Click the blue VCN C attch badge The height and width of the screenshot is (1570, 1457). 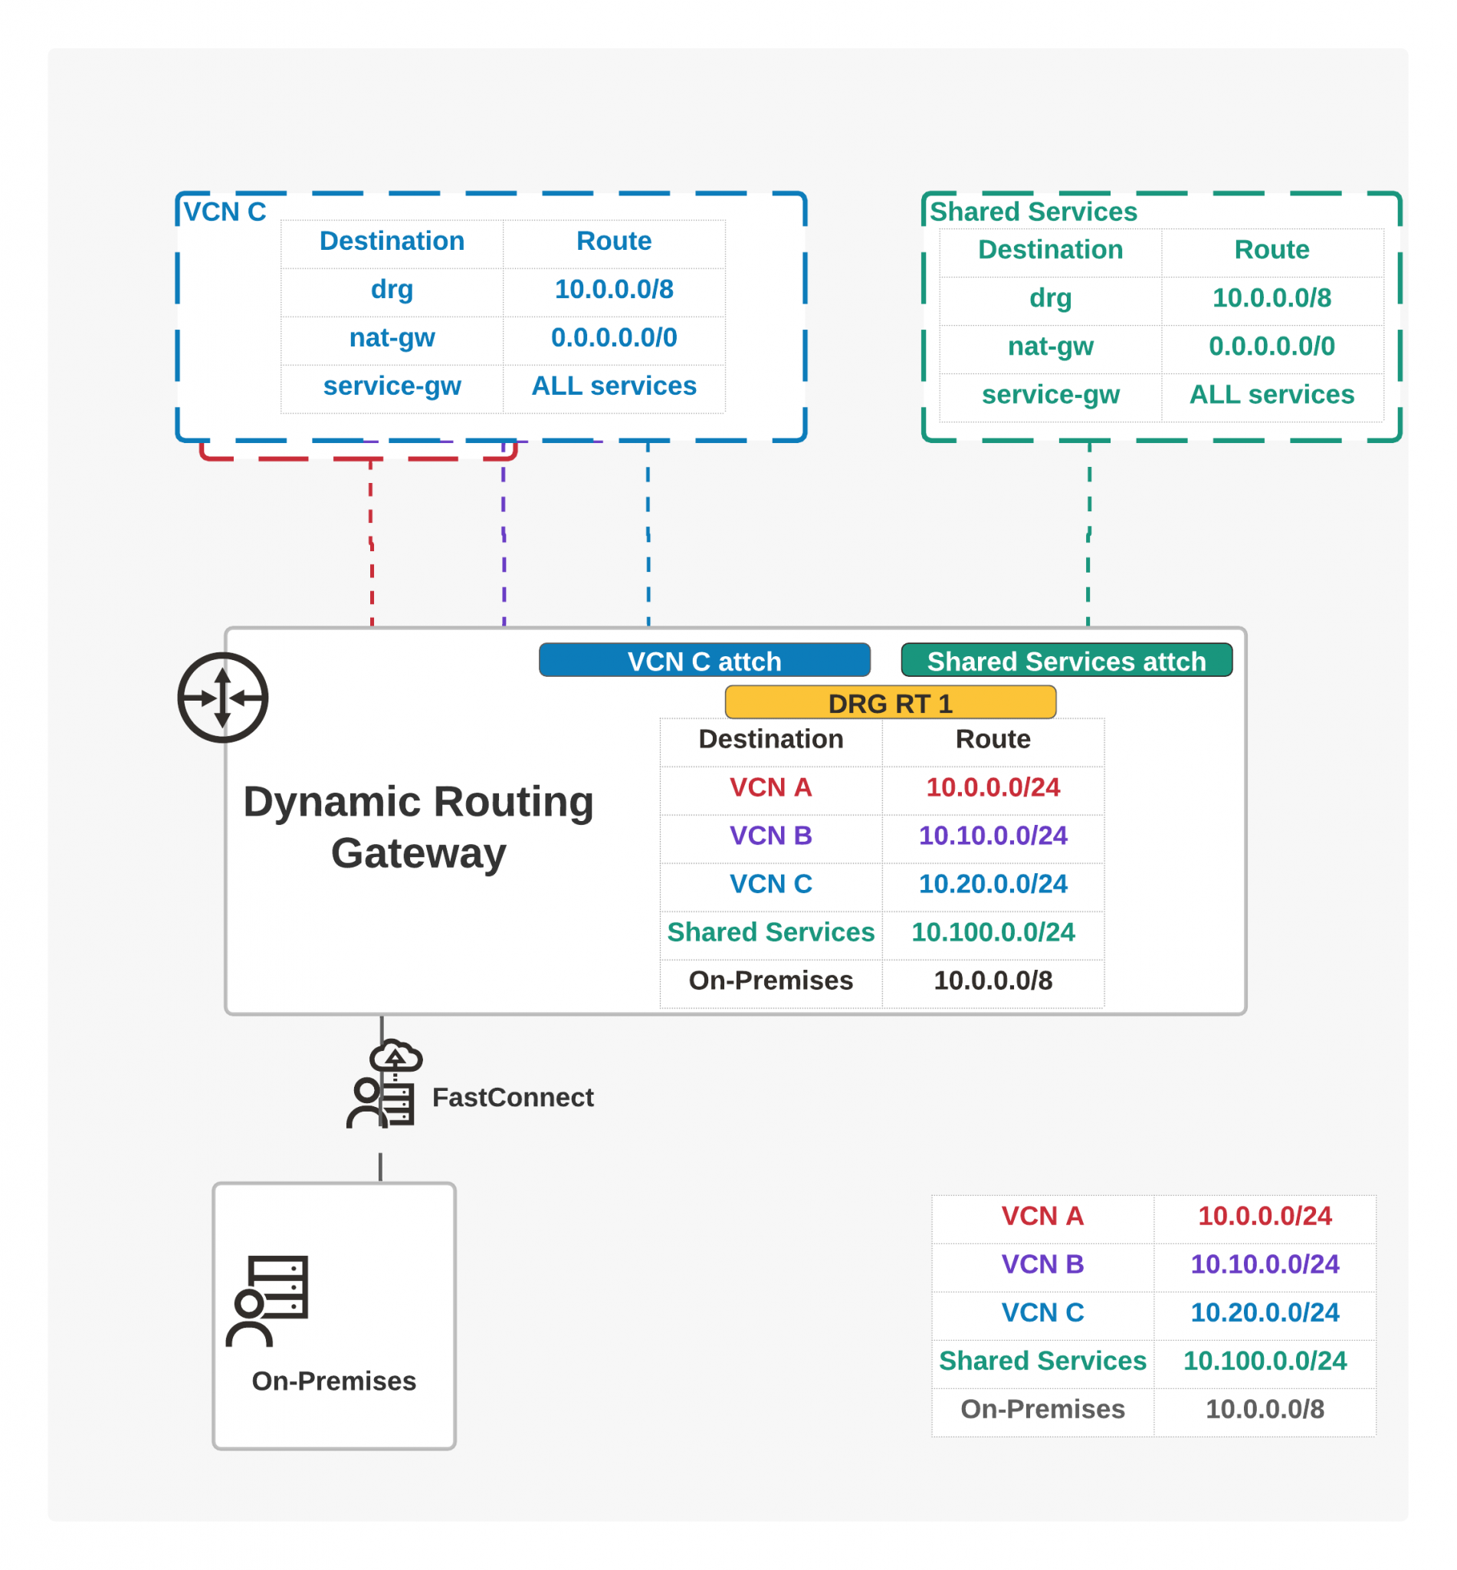(704, 660)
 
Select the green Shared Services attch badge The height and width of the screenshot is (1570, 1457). (1066, 660)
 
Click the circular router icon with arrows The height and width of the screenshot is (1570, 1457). (222, 697)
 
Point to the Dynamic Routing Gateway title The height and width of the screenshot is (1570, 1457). (418, 826)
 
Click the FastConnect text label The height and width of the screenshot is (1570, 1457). (513, 1097)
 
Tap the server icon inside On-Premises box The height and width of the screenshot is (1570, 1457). (268, 1299)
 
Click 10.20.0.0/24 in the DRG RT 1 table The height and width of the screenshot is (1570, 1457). (993, 883)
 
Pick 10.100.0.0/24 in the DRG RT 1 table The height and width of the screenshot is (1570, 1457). (993, 931)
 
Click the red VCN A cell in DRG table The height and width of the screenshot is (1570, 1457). (770, 787)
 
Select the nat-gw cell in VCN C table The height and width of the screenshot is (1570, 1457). (392, 337)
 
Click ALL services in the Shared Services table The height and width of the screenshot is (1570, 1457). (1271, 394)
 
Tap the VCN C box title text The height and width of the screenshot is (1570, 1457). (225, 212)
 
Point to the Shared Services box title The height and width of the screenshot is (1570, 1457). (1033, 212)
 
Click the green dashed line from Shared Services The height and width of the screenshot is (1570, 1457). (1089, 536)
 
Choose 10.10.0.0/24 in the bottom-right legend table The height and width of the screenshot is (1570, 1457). (1264, 1264)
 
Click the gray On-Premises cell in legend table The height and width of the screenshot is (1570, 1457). (1042, 1408)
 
